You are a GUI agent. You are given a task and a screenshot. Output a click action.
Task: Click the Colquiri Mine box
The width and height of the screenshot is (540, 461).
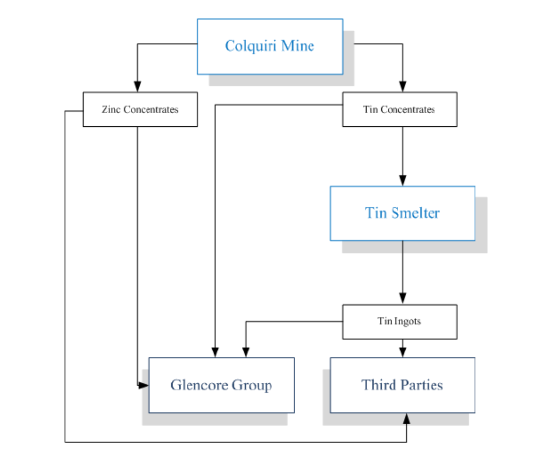point(270,47)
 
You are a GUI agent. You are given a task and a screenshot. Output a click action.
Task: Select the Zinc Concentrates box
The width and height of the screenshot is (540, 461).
point(140,109)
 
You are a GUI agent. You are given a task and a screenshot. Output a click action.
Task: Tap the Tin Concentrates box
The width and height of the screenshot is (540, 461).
point(400,109)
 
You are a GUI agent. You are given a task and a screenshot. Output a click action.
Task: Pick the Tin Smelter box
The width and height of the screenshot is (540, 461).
point(403,213)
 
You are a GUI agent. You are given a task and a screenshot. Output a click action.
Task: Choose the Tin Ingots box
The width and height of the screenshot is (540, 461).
point(400,322)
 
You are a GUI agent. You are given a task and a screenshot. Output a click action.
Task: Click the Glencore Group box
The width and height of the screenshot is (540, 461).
point(221,385)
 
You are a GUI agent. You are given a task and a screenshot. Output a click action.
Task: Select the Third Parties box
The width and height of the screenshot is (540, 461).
point(403,385)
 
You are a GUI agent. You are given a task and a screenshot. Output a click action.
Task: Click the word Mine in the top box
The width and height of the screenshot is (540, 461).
point(297,46)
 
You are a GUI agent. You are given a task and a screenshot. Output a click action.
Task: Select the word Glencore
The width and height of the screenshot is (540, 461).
point(200,385)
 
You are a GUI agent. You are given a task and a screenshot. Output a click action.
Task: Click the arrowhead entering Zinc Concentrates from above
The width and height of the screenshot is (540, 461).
point(137,86)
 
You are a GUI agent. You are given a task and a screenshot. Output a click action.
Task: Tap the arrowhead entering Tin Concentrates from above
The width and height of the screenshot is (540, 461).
point(403,86)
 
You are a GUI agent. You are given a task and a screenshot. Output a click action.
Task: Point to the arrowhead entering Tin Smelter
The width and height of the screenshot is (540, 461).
point(403,180)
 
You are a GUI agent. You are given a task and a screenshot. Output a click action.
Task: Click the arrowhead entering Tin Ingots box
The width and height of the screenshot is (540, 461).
point(403,299)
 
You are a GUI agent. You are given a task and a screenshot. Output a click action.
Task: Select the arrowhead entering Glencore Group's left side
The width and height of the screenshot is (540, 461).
point(143,385)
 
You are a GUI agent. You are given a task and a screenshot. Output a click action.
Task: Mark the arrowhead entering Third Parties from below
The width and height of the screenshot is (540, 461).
point(406,419)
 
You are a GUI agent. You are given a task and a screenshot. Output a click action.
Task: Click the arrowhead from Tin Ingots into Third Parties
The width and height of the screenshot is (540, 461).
point(403,352)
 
